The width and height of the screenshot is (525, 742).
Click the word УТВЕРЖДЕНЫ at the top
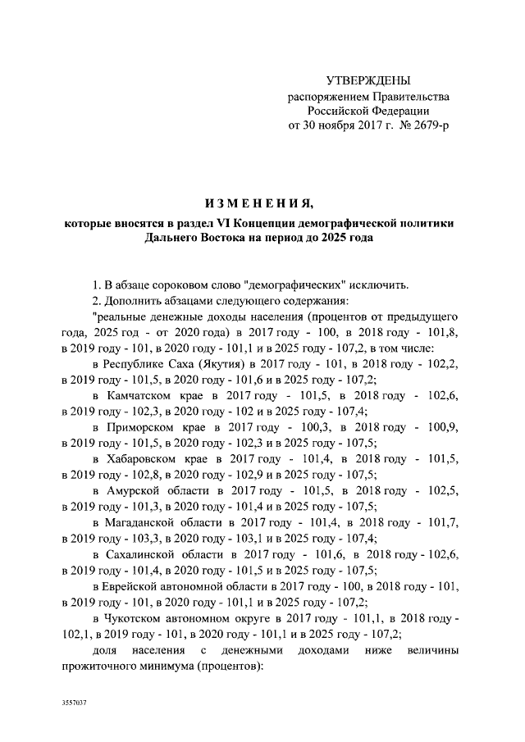pos(368,81)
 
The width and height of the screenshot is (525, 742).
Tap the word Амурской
pos(135,492)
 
